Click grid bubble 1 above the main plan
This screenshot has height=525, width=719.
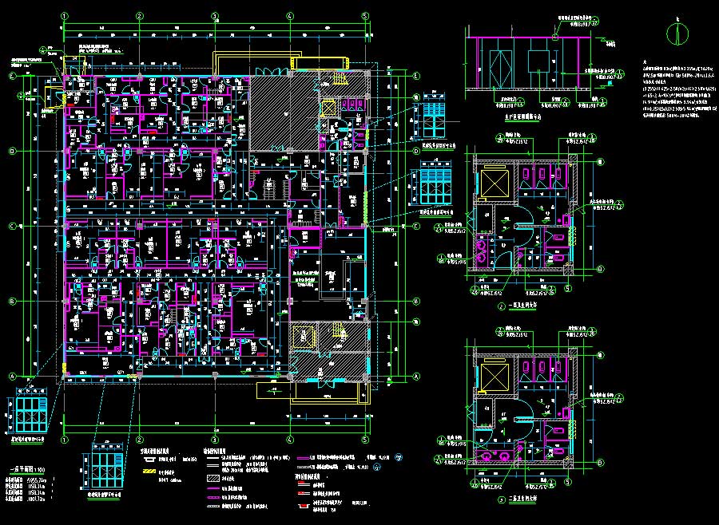click(65, 15)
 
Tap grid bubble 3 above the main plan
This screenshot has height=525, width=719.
click(214, 15)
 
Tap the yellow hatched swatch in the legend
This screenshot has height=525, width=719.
click(146, 472)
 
